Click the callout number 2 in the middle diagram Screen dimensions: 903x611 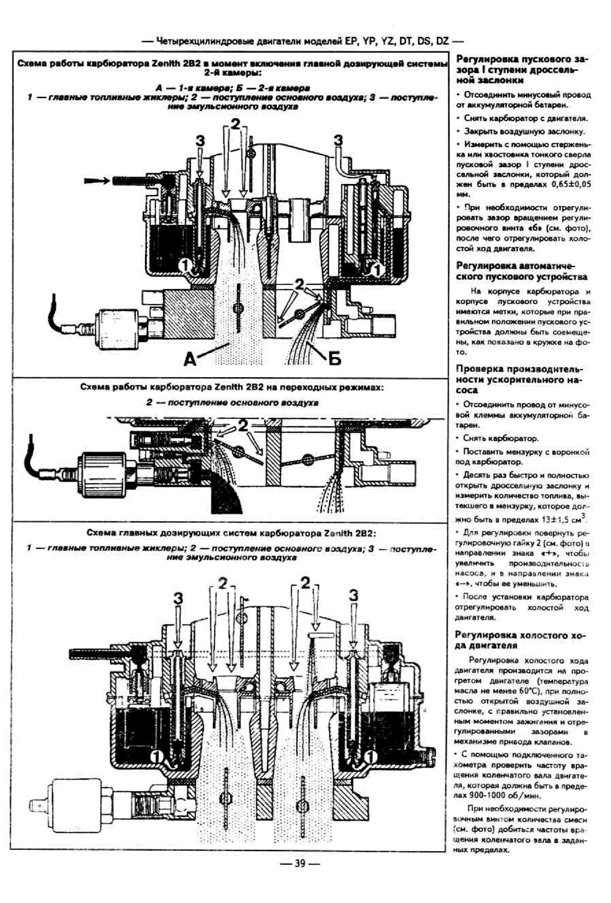[243, 425]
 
